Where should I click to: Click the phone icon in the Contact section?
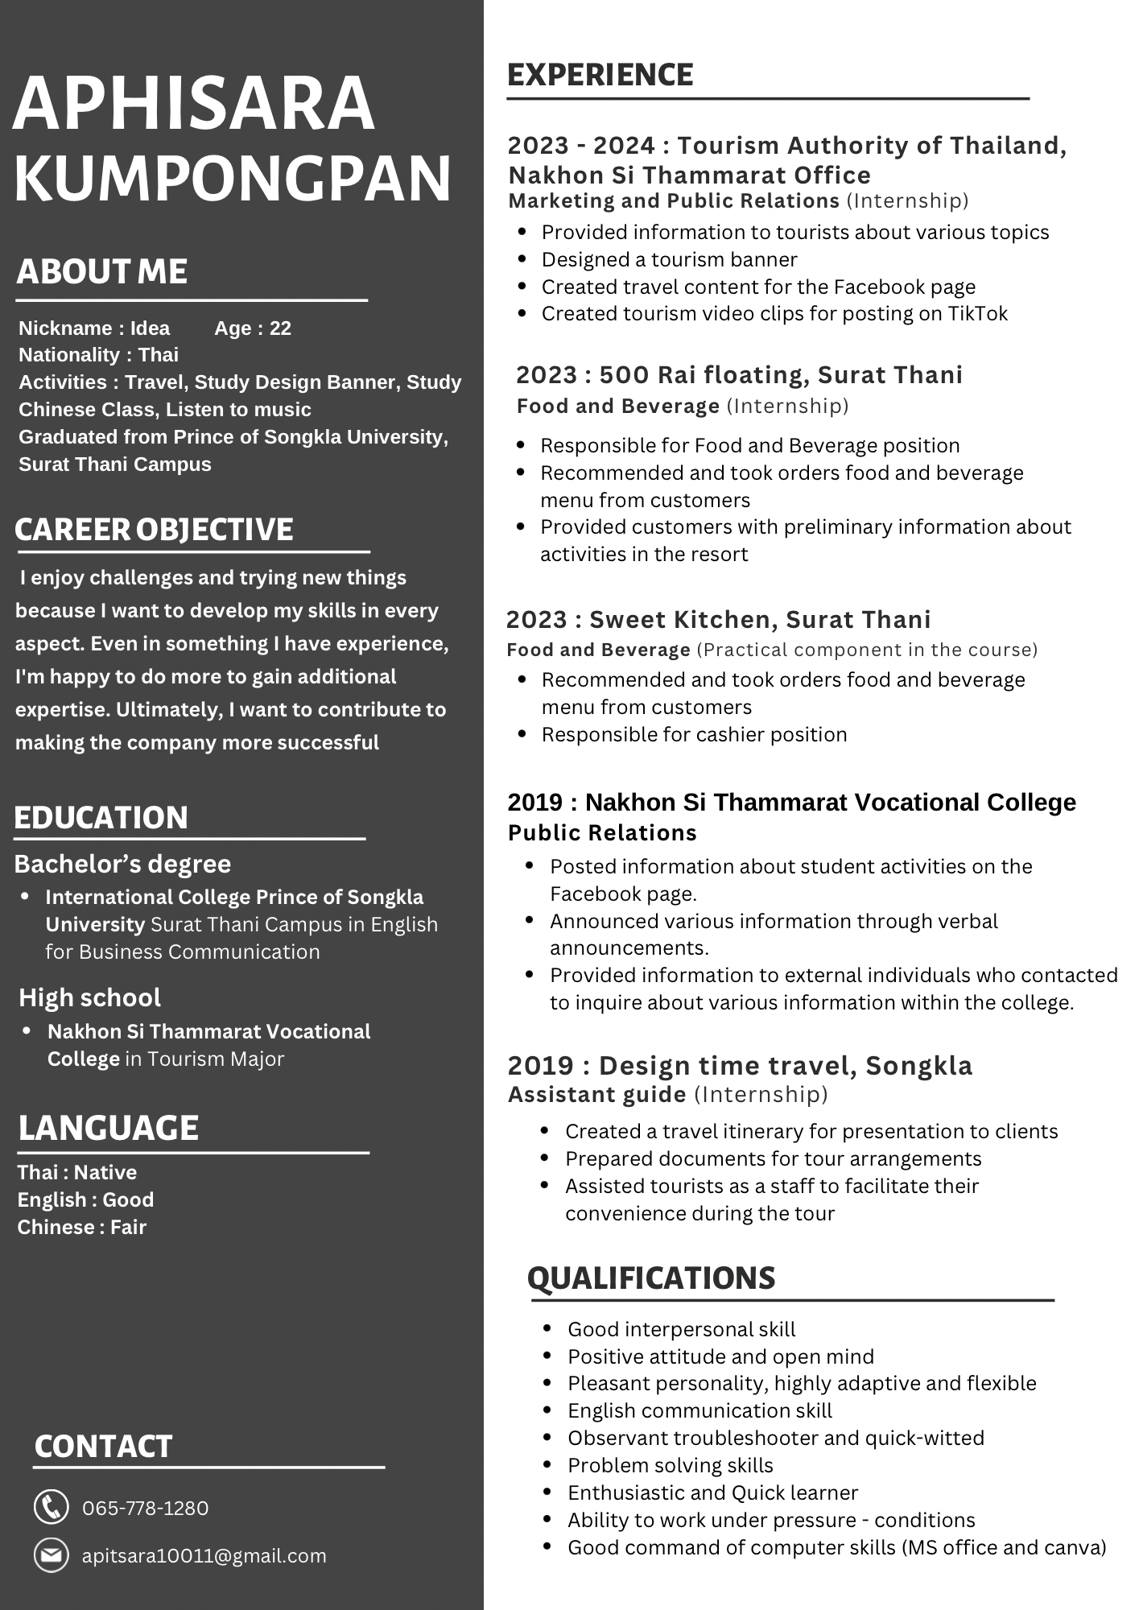tap(51, 1507)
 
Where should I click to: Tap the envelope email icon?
tap(51, 1555)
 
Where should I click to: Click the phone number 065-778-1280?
tap(145, 1508)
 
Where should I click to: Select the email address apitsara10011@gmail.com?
tap(204, 1555)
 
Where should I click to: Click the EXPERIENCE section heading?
tap(600, 75)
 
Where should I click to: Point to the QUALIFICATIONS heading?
tap(651, 1278)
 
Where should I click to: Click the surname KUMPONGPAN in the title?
tap(233, 179)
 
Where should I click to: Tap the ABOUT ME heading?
tap(101, 271)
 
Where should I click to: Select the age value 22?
tap(280, 328)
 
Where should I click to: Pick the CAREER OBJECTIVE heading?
tap(154, 529)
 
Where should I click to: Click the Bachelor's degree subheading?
tap(122, 864)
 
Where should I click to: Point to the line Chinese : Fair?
tap(82, 1227)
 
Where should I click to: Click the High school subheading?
tap(89, 997)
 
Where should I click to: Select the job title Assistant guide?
tap(596, 1094)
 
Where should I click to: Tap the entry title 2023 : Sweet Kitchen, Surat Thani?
tap(718, 619)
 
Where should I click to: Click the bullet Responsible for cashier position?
tap(694, 734)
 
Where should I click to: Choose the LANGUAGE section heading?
tap(108, 1128)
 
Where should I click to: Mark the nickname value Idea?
tap(150, 328)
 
